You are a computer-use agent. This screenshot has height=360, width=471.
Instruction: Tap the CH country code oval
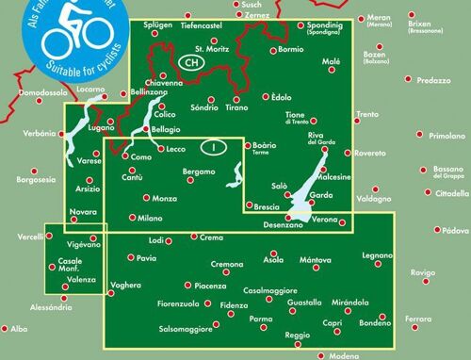coord(191,62)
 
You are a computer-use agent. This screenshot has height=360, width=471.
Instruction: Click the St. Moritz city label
coord(211,49)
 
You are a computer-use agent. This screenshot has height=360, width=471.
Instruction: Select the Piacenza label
coord(210,286)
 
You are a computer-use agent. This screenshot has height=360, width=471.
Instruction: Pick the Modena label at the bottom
coord(344,355)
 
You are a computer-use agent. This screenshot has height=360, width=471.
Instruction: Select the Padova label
coord(457,231)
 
